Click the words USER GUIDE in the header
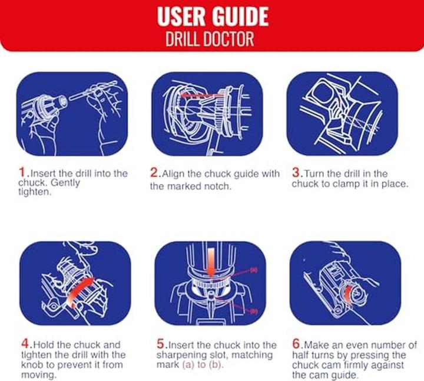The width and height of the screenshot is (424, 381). tap(213, 17)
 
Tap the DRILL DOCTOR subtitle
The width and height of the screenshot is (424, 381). tap(210, 40)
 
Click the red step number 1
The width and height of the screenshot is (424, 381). tap(22, 172)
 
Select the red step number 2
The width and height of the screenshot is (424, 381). tap(154, 172)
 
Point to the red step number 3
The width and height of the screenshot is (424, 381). tap(296, 172)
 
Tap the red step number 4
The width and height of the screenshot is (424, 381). tap(25, 344)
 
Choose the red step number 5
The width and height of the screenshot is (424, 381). tap(161, 344)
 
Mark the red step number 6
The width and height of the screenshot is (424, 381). tap(296, 344)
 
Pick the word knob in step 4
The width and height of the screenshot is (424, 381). tap(33, 364)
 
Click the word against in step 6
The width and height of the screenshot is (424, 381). tap(387, 364)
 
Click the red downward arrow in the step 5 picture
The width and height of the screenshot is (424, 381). tap(211, 262)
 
